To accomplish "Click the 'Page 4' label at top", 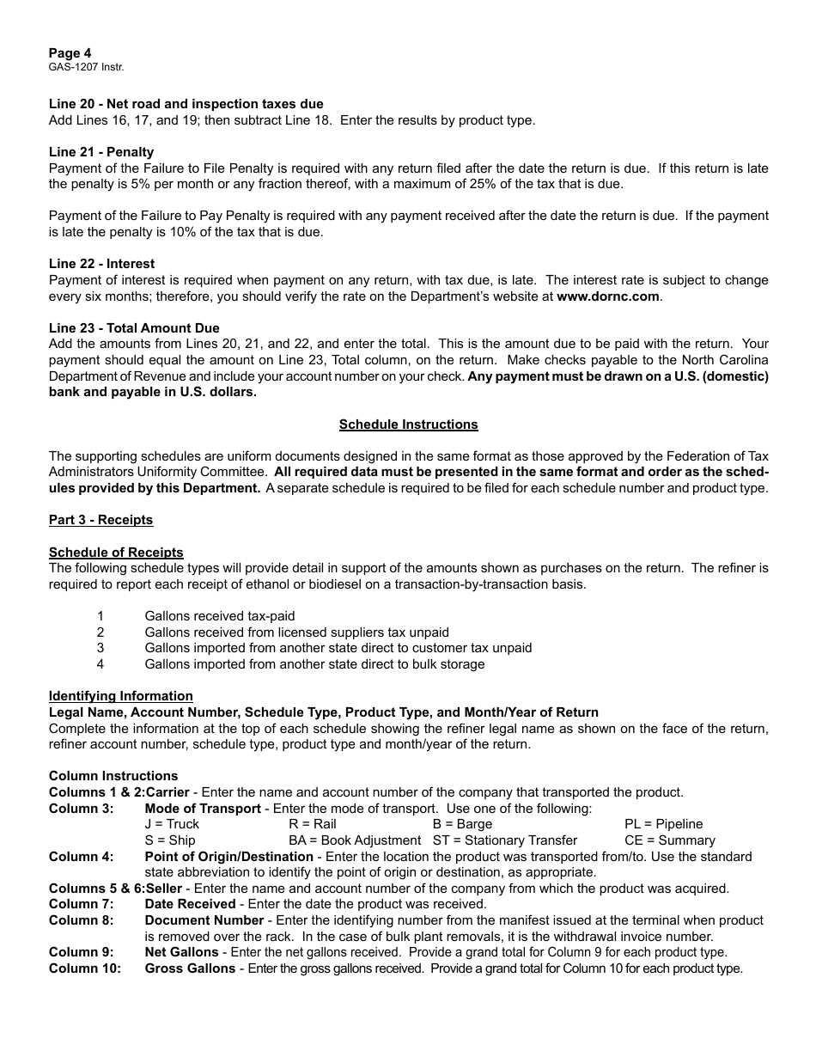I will (x=70, y=53).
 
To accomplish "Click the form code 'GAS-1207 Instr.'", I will (x=80, y=67).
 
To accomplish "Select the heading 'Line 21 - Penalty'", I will (x=101, y=152).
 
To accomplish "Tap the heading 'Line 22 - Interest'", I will (x=101, y=264).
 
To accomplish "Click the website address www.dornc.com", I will (x=608, y=296).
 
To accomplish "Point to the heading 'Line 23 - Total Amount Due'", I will (x=134, y=328).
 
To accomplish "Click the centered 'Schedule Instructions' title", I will (x=408, y=425).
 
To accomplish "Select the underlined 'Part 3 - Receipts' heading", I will (x=100, y=520).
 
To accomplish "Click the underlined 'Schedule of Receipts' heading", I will (x=116, y=553).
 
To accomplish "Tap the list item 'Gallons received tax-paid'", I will (x=220, y=616).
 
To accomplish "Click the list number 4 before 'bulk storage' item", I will (x=100, y=664).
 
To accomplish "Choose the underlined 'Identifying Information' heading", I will (x=120, y=696).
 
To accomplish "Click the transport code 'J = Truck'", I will (x=172, y=824).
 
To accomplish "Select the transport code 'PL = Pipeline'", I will (x=663, y=824).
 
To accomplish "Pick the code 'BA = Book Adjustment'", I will (x=355, y=840).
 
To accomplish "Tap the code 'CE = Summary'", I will (x=669, y=840).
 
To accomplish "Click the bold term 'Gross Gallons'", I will (x=190, y=968).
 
